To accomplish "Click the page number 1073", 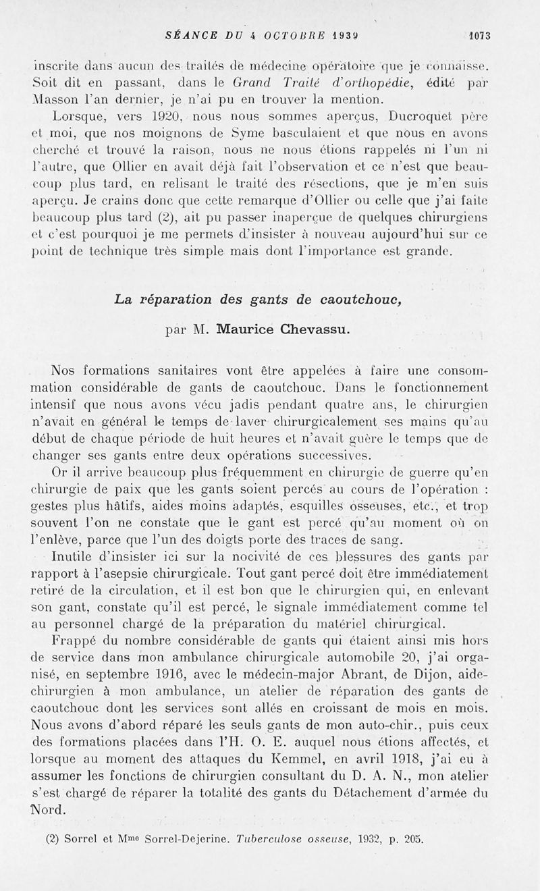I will (x=484, y=36).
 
